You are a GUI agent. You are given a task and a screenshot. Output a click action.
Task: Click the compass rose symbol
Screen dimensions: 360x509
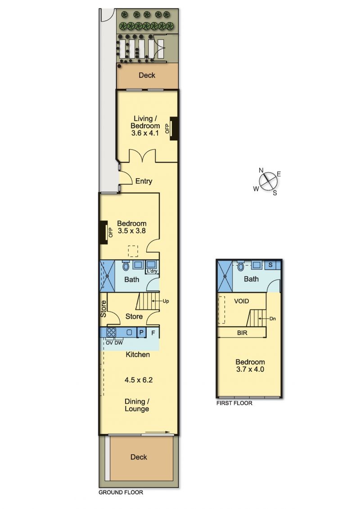pyautogui.click(x=268, y=181)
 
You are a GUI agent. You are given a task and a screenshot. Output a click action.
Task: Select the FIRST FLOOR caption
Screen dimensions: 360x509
pyautogui.click(x=234, y=403)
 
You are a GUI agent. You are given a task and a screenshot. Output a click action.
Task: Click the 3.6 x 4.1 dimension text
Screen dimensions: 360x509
pyautogui.click(x=145, y=133)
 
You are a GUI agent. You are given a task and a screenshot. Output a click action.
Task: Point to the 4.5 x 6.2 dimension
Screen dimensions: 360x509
pyautogui.click(x=139, y=380)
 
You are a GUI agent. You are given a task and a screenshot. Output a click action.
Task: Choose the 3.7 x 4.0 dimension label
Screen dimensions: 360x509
pyautogui.click(x=250, y=369)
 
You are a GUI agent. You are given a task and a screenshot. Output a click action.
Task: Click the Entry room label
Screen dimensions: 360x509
pyautogui.click(x=144, y=181)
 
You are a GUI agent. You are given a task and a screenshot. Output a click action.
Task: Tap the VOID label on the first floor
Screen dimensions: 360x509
pyautogui.click(x=242, y=301)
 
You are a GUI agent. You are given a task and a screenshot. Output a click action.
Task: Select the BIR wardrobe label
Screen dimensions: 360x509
pyautogui.click(x=242, y=333)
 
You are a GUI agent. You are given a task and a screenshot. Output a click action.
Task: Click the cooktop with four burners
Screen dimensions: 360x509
pyautogui.click(x=111, y=333)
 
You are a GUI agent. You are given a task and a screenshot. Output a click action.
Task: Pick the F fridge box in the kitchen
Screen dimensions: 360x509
pyautogui.click(x=153, y=333)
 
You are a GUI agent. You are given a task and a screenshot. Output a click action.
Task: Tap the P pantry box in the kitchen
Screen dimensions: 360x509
pyautogui.click(x=141, y=333)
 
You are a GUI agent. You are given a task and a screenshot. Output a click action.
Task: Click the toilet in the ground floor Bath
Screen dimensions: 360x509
pyautogui.click(x=126, y=266)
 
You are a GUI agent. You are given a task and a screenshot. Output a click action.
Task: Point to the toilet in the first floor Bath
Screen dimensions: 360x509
pyautogui.click(x=241, y=266)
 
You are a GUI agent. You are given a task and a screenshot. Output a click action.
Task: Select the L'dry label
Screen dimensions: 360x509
pyautogui.click(x=152, y=271)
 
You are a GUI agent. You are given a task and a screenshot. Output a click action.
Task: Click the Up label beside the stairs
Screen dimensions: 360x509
pyautogui.click(x=166, y=301)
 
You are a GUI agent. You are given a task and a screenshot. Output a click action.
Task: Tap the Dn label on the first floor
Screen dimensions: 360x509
pyautogui.click(x=273, y=319)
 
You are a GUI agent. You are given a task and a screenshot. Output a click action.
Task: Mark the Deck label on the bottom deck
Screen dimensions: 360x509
pyautogui.click(x=139, y=457)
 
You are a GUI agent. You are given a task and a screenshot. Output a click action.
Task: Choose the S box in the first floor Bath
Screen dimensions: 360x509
pyautogui.click(x=270, y=265)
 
